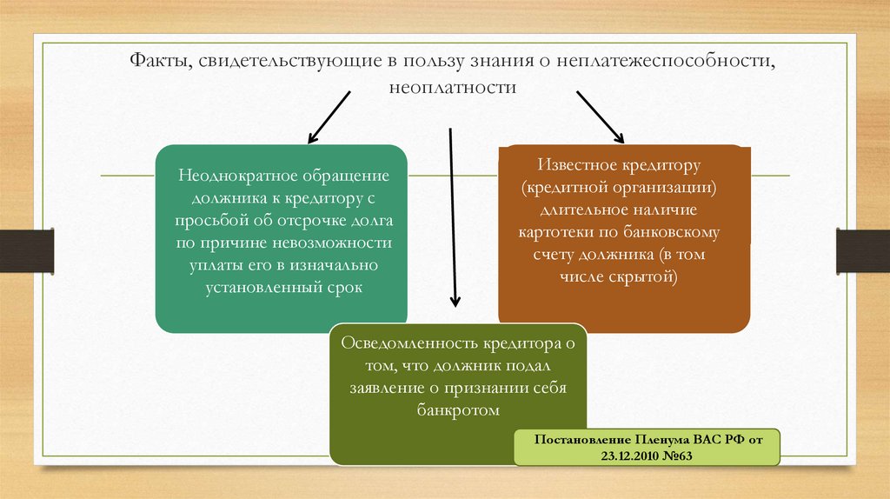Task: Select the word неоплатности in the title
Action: coord(453,87)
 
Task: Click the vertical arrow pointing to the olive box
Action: coord(452,217)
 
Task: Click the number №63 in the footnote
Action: coord(678,457)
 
